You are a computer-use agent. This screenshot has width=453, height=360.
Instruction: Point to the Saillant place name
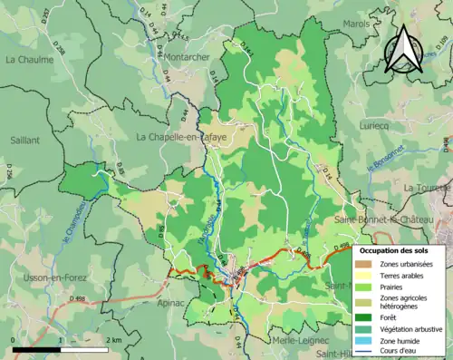24,141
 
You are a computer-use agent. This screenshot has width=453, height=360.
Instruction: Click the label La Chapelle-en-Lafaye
179,137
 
